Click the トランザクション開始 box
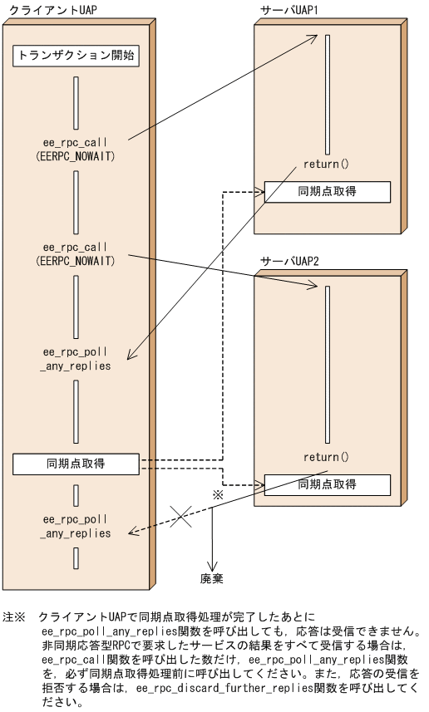pyautogui.click(x=76, y=56)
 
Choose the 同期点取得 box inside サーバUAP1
pyautogui.click(x=327, y=191)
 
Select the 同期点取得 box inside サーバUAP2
pyautogui.click(x=327, y=484)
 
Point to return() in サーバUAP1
pyautogui.click(x=327, y=164)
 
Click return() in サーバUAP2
pyautogui.click(x=327, y=457)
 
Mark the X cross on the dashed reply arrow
pyautogui.click(x=181, y=517)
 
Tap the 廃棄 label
pyautogui.click(x=212, y=577)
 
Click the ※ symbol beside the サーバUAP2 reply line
pyautogui.click(x=219, y=494)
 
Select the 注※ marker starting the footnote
pyautogui.click(x=15, y=618)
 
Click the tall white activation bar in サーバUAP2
pyautogui.click(x=328, y=366)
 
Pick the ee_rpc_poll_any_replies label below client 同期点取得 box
pyautogui.click(x=76, y=526)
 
